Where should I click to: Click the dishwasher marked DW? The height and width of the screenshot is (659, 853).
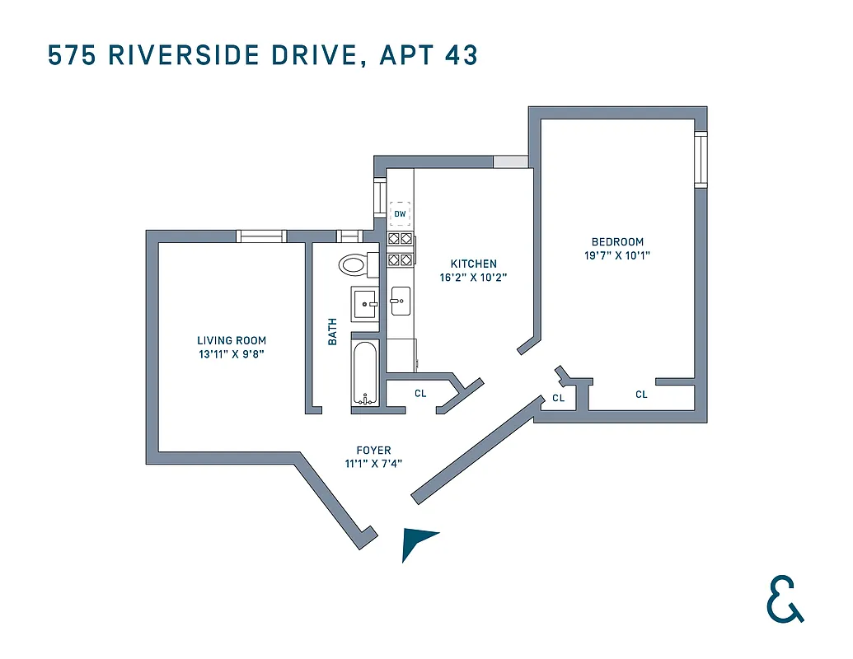[x=401, y=214]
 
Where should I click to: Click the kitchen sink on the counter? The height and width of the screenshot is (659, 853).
[x=401, y=301]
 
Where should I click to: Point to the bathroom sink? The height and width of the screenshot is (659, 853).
[x=363, y=304]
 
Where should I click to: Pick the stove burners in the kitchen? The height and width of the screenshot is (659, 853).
[x=401, y=249]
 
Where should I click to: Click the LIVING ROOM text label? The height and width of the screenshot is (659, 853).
[x=232, y=340]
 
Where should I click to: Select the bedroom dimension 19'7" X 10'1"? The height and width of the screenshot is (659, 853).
[x=617, y=255]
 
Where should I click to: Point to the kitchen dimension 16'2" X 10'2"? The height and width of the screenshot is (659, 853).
[x=473, y=278]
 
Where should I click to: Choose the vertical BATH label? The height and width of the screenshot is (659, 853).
[x=333, y=332]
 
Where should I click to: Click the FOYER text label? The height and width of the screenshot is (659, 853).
[x=373, y=451]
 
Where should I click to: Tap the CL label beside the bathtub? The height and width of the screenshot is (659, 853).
[x=420, y=394]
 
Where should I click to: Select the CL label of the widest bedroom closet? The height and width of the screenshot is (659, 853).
[x=641, y=395]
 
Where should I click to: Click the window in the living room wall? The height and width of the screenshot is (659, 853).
[x=261, y=236]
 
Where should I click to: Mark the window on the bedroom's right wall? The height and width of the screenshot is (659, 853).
[x=701, y=159]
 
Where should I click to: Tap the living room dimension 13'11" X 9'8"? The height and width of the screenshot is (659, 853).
[x=232, y=354]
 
